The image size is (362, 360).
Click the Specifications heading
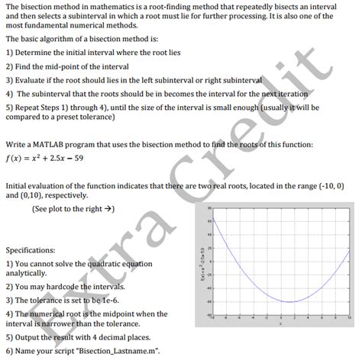pos(31,249)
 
